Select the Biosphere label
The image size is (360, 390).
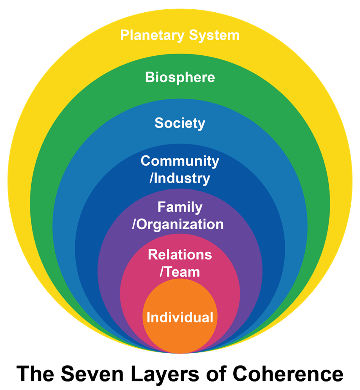pyautogui.click(x=180, y=77)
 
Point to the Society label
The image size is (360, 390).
pyautogui.click(x=180, y=123)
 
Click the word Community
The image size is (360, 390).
pyautogui.click(x=180, y=161)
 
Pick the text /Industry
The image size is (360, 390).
pyautogui.click(x=180, y=178)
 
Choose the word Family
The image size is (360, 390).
pyautogui.click(x=180, y=207)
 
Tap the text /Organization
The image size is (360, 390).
pyautogui.click(x=178, y=224)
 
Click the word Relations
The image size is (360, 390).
pyautogui.click(x=180, y=255)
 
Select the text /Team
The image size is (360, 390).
pyautogui.click(x=180, y=272)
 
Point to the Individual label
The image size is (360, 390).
pyautogui.click(x=180, y=317)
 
